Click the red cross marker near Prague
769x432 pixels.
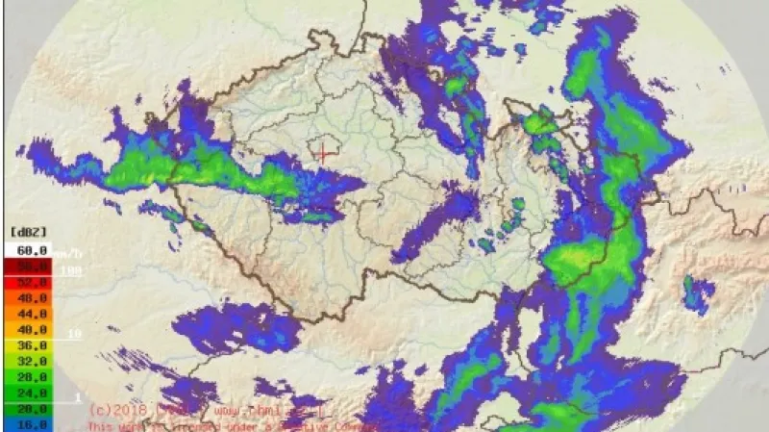325,152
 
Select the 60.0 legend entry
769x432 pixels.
31,250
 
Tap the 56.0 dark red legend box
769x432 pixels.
31,265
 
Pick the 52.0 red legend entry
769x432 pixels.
31,281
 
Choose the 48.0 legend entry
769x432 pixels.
31,297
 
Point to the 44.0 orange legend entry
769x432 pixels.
31,314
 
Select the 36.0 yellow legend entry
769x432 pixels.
31,345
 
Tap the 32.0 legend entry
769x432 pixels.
31,361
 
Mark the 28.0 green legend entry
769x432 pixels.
31,377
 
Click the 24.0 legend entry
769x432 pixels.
31,393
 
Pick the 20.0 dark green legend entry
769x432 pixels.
31,409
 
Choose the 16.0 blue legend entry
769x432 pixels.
31,424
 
